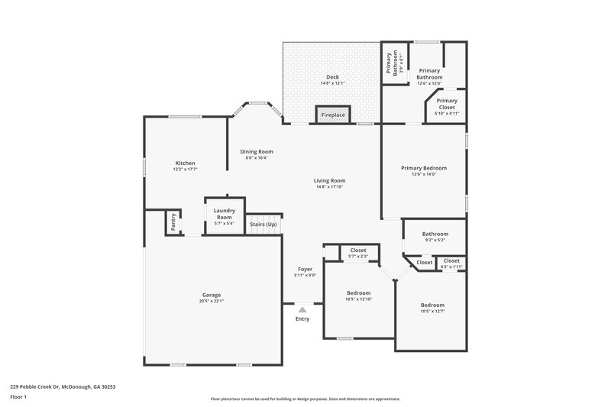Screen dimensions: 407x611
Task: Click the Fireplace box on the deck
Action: pyautogui.click(x=333, y=115)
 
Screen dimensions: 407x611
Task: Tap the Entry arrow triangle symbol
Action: pyautogui.click(x=302, y=309)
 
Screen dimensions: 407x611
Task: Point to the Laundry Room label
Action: pyautogui.click(x=224, y=214)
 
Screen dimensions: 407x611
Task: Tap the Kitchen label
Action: pyautogui.click(x=185, y=163)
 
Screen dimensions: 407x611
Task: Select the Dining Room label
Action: pyautogui.click(x=257, y=151)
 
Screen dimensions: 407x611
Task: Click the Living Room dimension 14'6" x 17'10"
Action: pyautogui.click(x=329, y=186)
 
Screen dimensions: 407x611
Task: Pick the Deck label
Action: pyautogui.click(x=332, y=77)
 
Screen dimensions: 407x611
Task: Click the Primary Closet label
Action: pyautogui.click(x=447, y=104)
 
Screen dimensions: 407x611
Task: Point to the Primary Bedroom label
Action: pyautogui.click(x=424, y=168)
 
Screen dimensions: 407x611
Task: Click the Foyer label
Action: pyautogui.click(x=305, y=270)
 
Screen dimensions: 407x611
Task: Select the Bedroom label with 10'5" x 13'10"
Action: pyautogui.click(x=358, y=292)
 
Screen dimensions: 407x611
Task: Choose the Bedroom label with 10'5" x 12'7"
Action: pyautogui.click(x=432, y=305)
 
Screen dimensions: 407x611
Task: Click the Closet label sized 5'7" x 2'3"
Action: pyautogui.click(x=357, y=250)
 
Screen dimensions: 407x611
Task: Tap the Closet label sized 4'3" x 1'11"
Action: pyautogui.click(x=451, y=260)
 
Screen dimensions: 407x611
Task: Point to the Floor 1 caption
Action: pyautogui.click(x=18, y=398)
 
